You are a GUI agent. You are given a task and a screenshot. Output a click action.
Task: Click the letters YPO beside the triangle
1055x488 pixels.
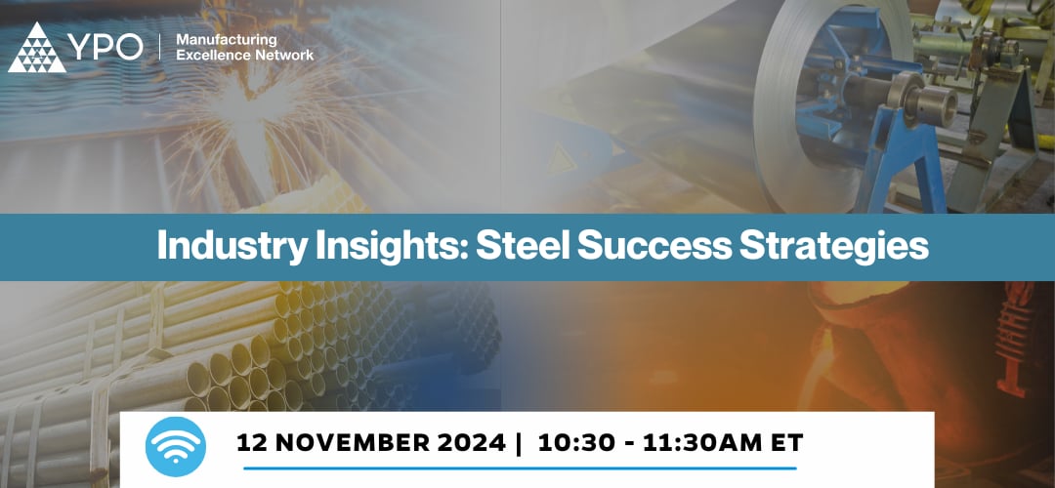click(105, 49)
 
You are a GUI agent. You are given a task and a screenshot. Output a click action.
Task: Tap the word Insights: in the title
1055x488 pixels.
click(373, 245)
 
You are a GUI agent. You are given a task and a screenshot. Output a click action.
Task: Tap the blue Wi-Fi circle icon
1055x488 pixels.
click(175, 446)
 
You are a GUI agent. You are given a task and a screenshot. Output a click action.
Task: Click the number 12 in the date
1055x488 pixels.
click(253, 443)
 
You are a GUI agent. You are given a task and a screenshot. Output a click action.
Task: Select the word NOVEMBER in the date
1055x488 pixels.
click(351, 443)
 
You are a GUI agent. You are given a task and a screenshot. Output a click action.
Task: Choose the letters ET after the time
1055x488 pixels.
click(786, 443)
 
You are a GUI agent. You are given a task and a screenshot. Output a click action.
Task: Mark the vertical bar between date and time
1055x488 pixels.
click(518, 443)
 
